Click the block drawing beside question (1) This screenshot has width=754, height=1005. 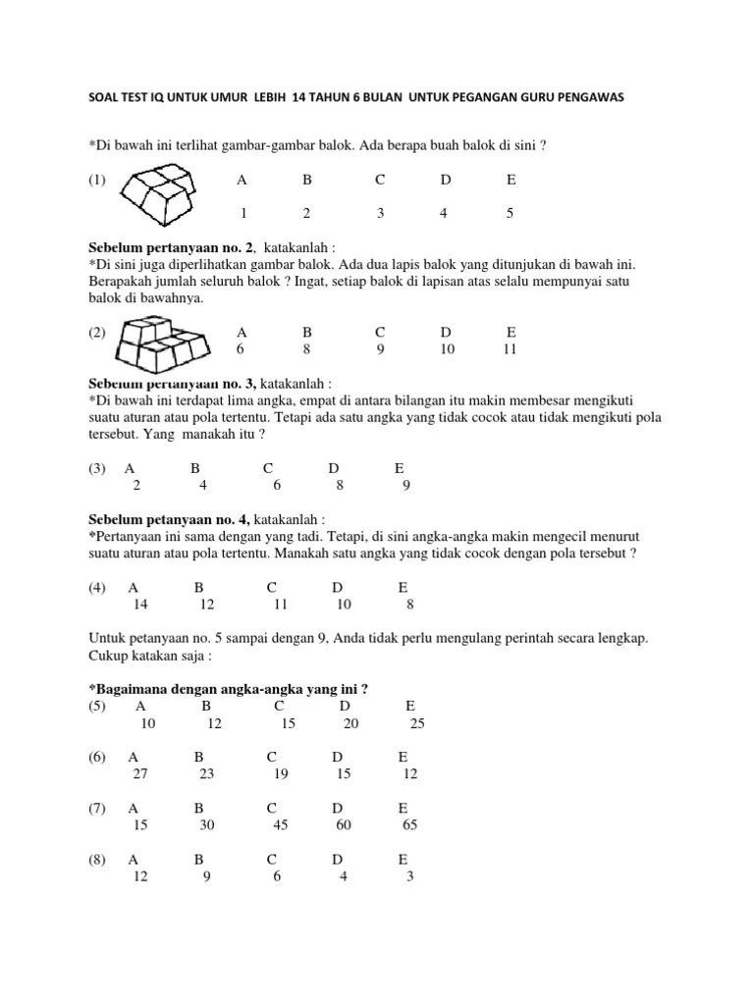[162, 192]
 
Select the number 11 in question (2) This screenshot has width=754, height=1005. [509, 348]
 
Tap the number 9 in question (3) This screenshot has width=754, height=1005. [405, 484]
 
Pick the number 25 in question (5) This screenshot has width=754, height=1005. [417, 723]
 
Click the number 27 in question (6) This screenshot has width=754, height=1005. [138, 773]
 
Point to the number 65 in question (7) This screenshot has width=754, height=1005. [409, 824]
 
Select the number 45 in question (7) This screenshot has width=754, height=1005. [280, 824]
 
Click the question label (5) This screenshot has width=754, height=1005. [96, 706]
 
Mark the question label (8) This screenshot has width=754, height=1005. [96, 859]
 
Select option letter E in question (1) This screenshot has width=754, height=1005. [511, 181]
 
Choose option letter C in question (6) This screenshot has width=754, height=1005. [272, 757]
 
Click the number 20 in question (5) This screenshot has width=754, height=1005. [351, 723]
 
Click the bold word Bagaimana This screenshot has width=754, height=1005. [128, 688]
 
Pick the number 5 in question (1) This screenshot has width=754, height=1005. [511, 213]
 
